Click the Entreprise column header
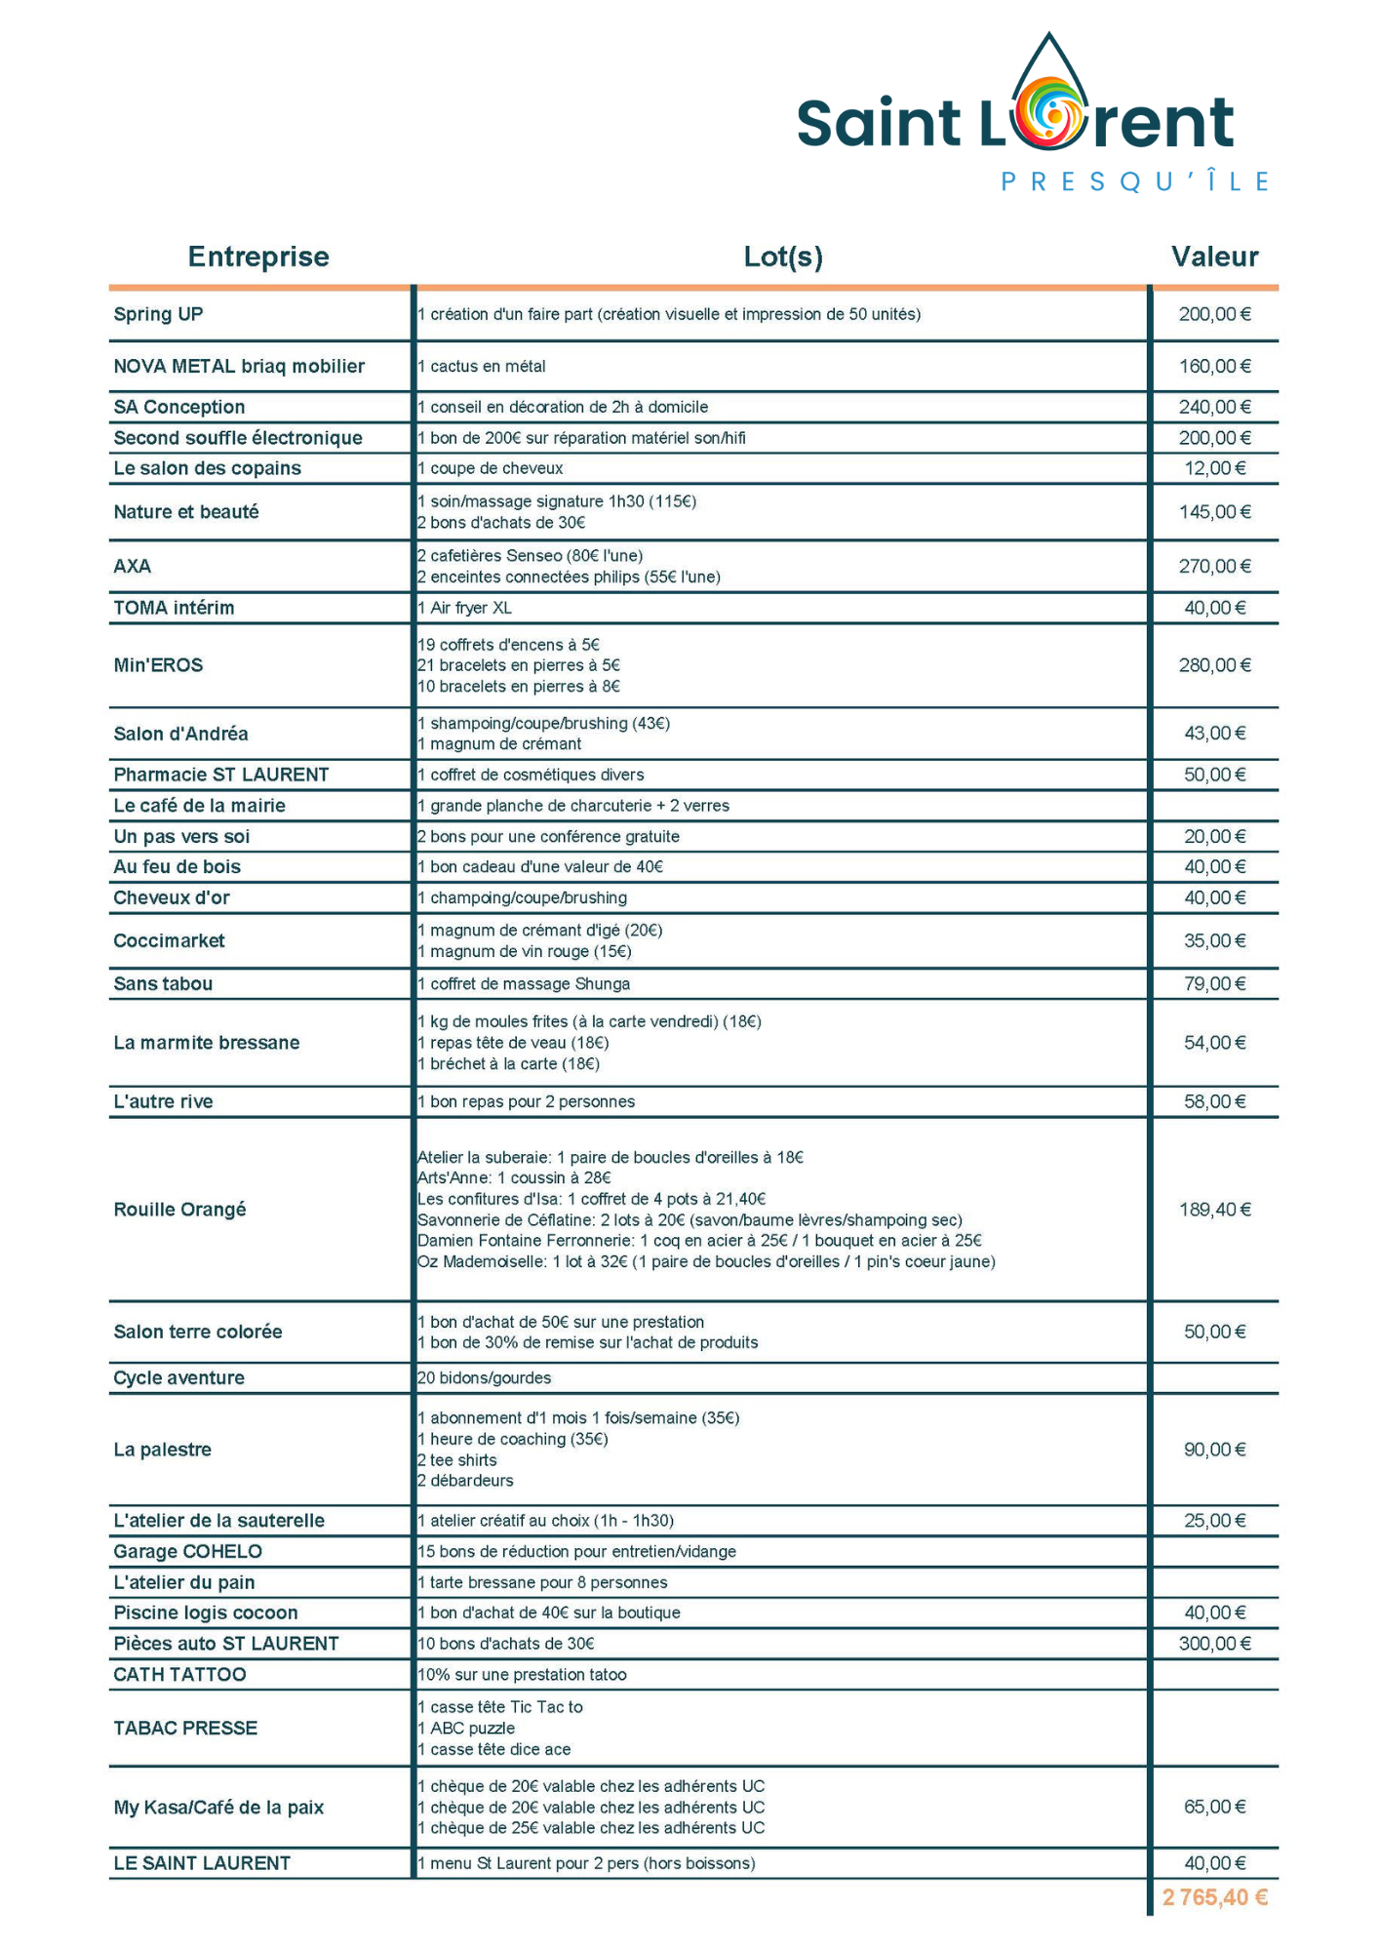point(258,257)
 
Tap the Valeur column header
point(1214,257)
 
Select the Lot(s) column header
point(782,257)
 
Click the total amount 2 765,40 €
point(1214,1897)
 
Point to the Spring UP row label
point(158,314)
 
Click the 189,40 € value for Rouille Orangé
point(1214,1210)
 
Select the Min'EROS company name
point(158,665)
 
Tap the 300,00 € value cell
point(1214,1644)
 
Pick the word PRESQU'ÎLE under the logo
point(1135,182)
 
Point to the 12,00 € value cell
point(1214,468)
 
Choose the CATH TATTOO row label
point(179,1675)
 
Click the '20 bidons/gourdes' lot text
point(485,1378)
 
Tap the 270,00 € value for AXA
point(1214,567)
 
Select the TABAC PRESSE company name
point(185,1729)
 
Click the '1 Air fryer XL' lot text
point(465,609)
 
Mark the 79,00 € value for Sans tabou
point(1214,984)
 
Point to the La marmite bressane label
point(207,1043)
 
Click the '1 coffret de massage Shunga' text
point(524,984)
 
